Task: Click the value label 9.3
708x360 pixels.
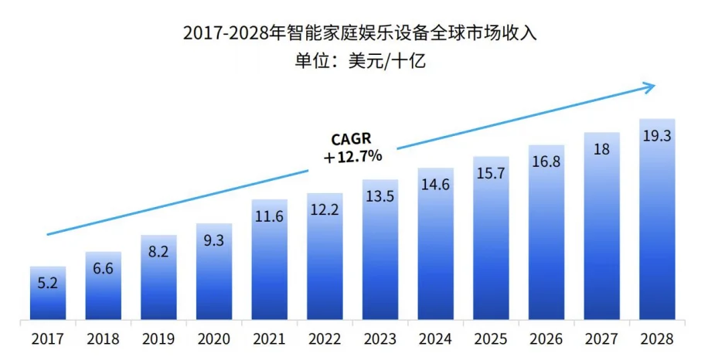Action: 214,240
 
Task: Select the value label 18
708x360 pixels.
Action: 602,148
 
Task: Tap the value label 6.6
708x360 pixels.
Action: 104,268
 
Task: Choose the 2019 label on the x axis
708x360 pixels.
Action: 158,338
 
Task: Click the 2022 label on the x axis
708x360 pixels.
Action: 325,338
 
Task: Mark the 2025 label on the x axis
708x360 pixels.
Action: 491,338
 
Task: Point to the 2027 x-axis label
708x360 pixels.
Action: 602,338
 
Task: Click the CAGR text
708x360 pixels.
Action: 352,139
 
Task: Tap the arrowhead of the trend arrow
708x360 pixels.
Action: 649,87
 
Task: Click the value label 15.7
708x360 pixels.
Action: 491,173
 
